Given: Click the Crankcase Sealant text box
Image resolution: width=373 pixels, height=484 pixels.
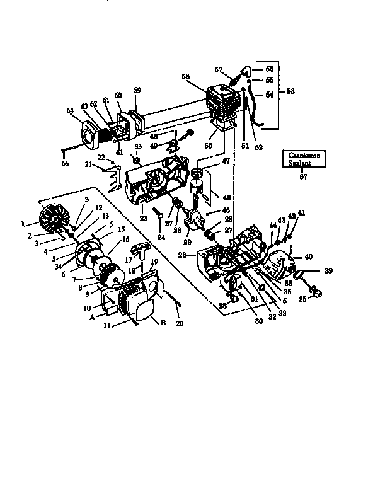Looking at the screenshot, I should (305, 158).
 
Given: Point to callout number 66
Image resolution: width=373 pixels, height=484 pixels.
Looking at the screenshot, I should (65, 164).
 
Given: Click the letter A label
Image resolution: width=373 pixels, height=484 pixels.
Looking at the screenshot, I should (92, 318).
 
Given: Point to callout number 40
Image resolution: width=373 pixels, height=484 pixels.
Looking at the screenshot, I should (309, 257).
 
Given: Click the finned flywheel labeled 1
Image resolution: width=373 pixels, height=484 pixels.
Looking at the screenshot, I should (53, 224).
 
